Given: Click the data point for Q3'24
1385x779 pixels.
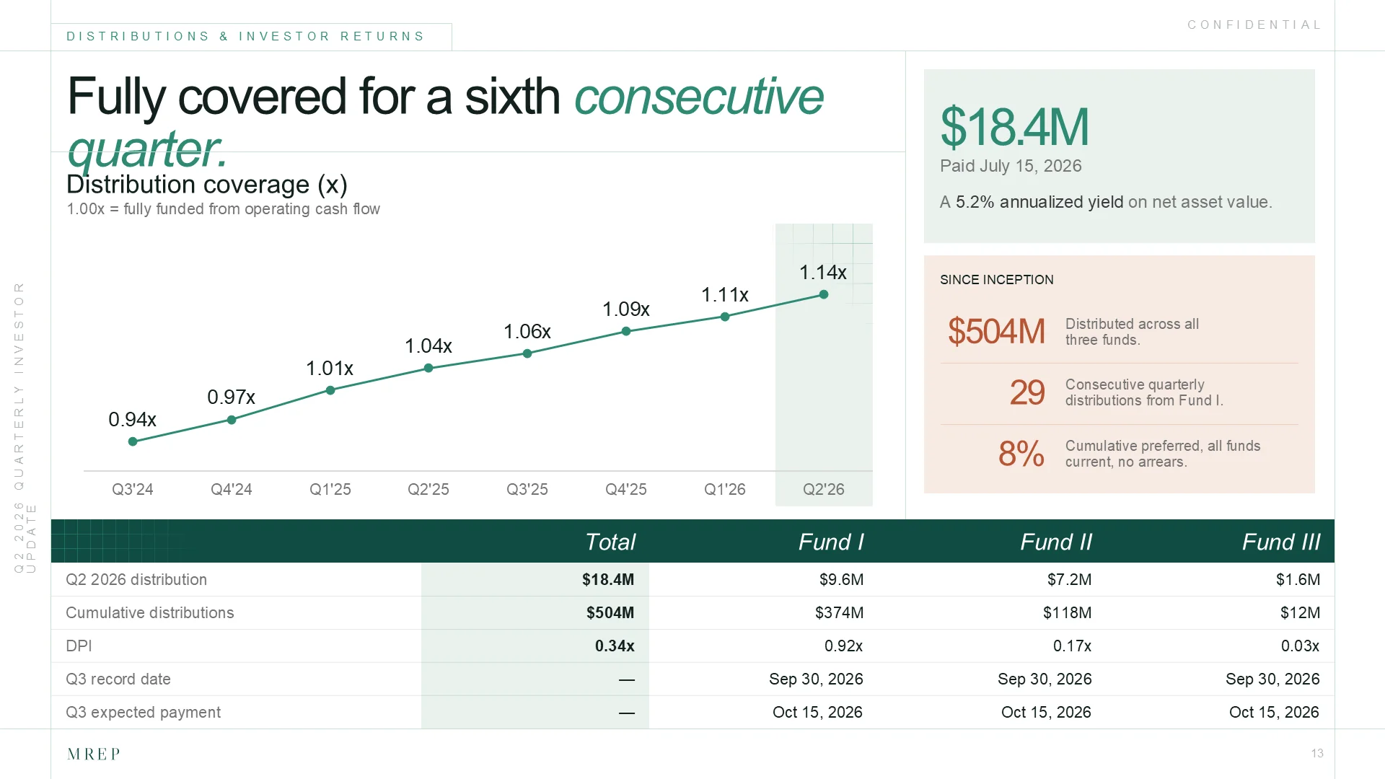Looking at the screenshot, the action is click(133, 441).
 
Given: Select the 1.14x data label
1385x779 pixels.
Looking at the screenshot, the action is click(823, 273).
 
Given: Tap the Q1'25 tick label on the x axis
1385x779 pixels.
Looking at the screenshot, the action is click(330, 489).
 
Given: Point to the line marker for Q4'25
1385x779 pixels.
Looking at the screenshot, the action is click(626, 331).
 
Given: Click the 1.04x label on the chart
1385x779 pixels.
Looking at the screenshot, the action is click(428, 346).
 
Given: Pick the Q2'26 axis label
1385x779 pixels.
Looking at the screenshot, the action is click(824, 489).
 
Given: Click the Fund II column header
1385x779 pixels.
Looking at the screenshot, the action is click(1056, 542).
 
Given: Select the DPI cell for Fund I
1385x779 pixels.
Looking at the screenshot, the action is click(843, 646).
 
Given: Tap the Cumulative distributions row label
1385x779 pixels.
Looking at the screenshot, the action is click(150, 612).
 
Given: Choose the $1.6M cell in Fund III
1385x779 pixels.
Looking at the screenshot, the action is click(1298, 579).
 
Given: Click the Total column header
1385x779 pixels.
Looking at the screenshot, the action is click(610, 542).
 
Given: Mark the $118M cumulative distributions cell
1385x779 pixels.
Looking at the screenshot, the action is click(1067, 612).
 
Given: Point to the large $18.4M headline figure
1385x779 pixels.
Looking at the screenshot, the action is click(1014, 127).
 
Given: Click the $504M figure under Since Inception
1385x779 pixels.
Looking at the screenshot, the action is click(996, 331).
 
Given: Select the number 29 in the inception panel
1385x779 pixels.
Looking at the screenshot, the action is click(1027, 392).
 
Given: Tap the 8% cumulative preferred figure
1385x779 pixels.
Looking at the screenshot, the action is click(1021, 454).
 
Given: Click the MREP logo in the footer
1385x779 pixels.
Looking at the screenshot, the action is click(94, 754).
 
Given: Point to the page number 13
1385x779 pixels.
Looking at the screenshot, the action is click(1317, 753).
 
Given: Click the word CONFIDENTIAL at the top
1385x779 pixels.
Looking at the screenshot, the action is click(1254, 25).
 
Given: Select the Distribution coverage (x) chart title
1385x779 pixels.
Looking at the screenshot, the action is click(207, 185).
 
